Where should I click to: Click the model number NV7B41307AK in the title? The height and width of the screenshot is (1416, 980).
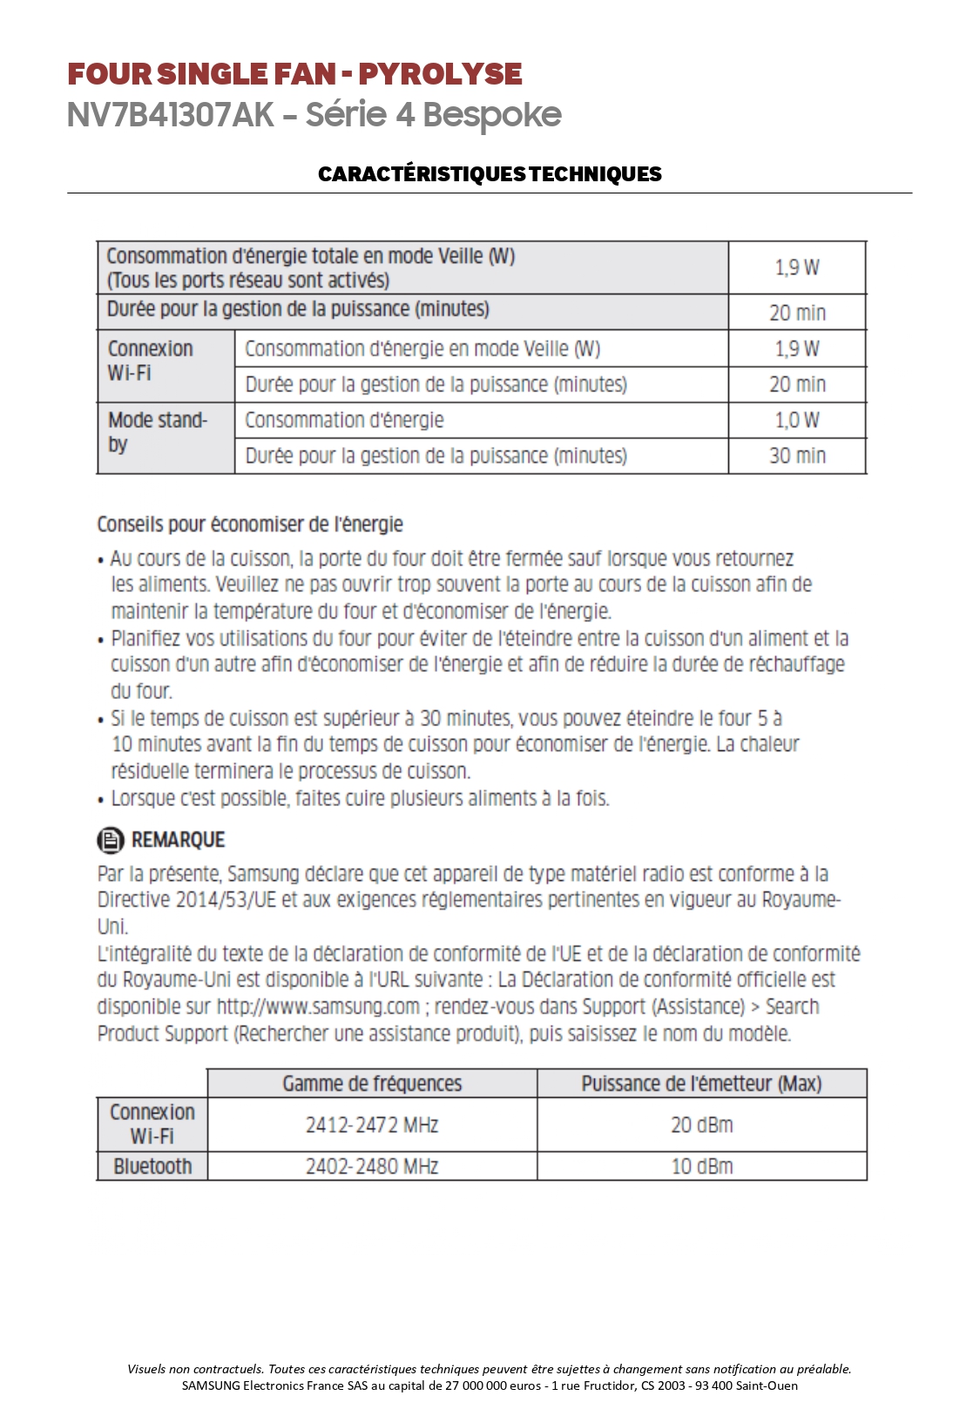tap(171, 115)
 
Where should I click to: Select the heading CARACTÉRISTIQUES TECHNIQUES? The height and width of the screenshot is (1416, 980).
tap(490, 173)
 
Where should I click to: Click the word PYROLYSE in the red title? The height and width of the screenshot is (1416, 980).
tap(440, 74)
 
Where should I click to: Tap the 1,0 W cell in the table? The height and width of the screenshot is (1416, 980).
tap(797, 420)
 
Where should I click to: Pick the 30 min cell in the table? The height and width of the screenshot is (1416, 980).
tap(797, 456)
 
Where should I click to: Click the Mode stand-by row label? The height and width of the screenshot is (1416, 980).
tap(158, 432)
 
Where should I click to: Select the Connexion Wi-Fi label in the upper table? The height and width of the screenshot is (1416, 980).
tap(150, 361)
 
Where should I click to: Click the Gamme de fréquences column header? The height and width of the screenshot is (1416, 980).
tap(372, 1084)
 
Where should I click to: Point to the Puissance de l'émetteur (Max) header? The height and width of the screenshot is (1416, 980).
tap(701, 1084)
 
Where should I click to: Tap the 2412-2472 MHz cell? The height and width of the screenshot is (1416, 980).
tap(372, 1125)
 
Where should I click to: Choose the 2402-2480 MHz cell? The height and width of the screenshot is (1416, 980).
tap(372, 1167)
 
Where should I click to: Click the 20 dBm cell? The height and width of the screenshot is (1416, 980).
tap(701, 1125)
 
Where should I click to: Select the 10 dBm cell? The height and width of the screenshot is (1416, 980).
tap(701, 1167)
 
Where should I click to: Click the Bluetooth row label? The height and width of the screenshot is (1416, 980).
tap(152, 1167)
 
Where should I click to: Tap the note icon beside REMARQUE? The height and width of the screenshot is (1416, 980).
tap(110, 840)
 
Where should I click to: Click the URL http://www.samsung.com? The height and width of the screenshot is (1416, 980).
tap(318, 1007)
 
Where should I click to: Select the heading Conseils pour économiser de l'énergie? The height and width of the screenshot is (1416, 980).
tap(250, 525)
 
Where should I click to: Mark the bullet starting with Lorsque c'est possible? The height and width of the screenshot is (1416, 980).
tap(360, 799)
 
